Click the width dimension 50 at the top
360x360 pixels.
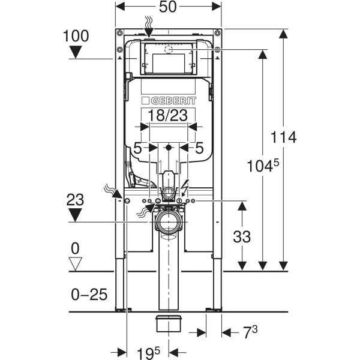[169, 8]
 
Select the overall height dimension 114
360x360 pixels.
[283, 137]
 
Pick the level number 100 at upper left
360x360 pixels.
[76, 36]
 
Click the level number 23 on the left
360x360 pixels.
[76, 200]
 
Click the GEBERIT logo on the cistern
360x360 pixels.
[169, 101]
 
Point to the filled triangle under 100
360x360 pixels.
[76, 52]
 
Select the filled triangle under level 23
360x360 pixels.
[76, 215]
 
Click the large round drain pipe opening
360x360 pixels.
[169, 223]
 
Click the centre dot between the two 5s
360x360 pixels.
[169, 147]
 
